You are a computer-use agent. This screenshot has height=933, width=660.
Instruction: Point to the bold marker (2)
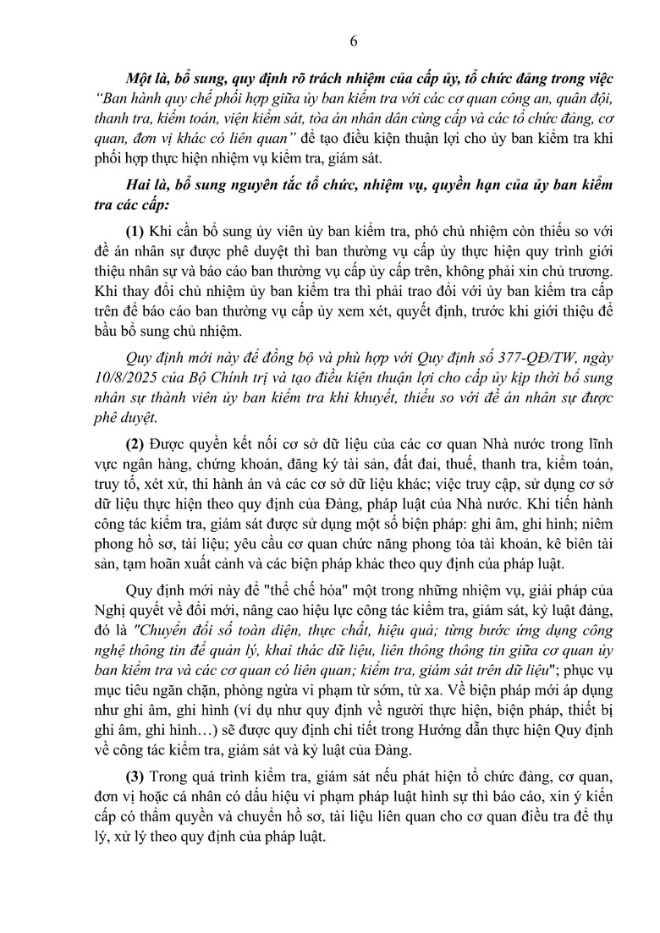(x=135, y=443)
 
